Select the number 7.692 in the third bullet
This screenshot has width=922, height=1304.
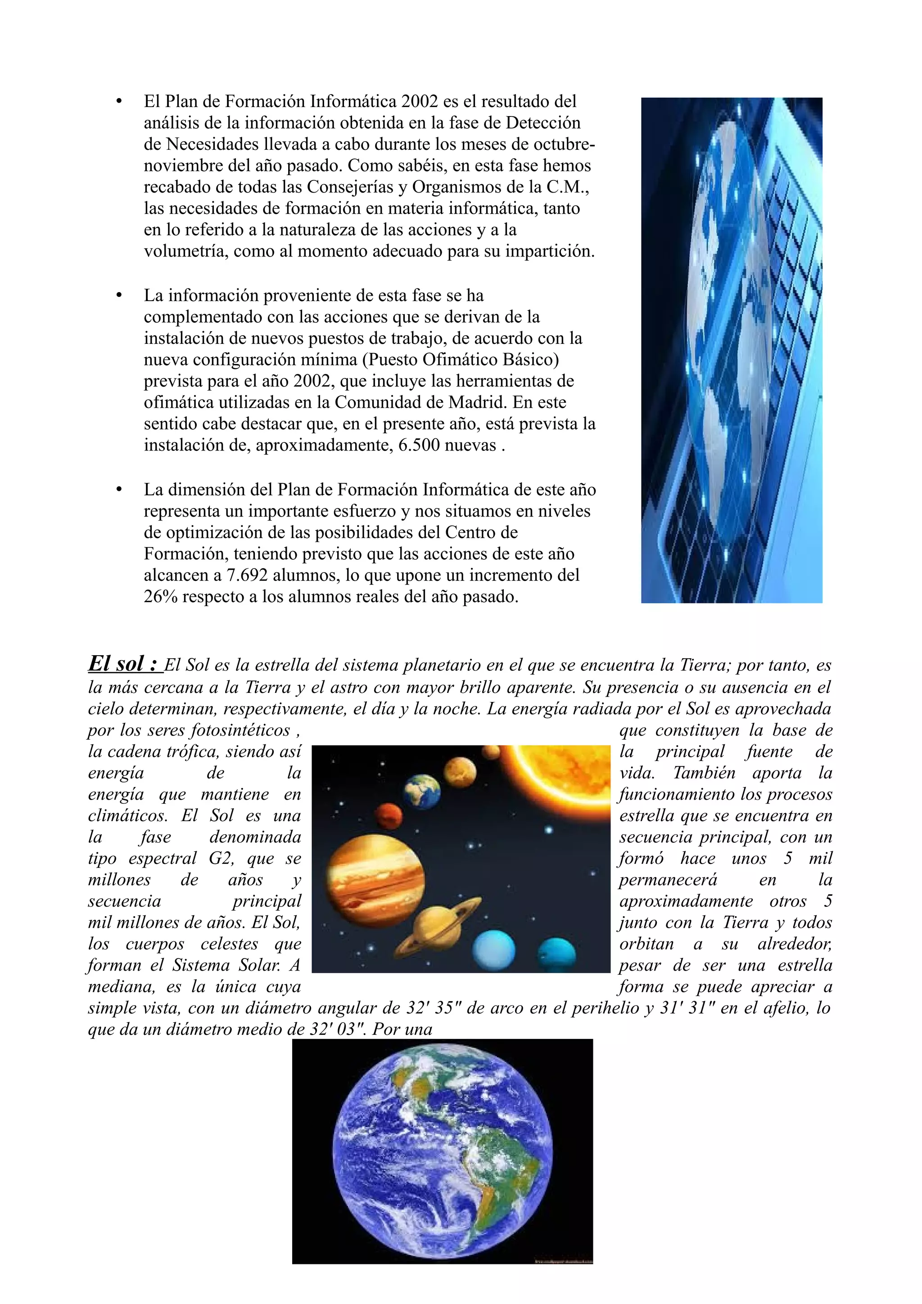point(247,576)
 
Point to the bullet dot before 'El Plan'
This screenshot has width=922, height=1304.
point(119,102)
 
